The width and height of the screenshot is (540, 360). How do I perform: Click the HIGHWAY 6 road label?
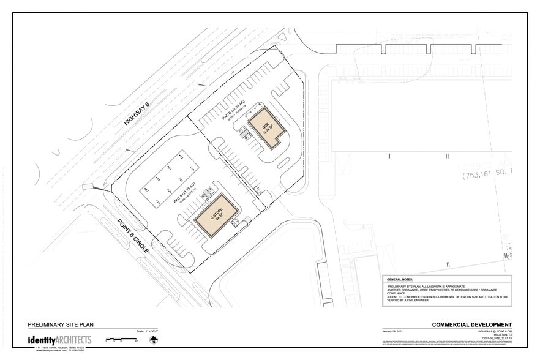tap(137, 114)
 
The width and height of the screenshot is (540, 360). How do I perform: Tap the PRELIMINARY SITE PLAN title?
tap(61, 324)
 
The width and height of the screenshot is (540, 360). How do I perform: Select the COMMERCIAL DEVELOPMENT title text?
tap(471, 324)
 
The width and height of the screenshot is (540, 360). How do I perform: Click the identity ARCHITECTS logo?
tap(59, 340)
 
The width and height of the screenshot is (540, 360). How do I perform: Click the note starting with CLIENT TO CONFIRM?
tap(447, 296)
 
